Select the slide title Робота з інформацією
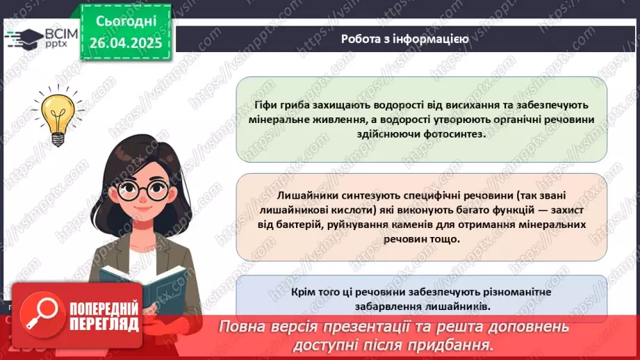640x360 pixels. (x=404, y=39)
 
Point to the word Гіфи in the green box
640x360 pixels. (x=269, y=106)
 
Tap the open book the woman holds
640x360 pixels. (x=142, y=281)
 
